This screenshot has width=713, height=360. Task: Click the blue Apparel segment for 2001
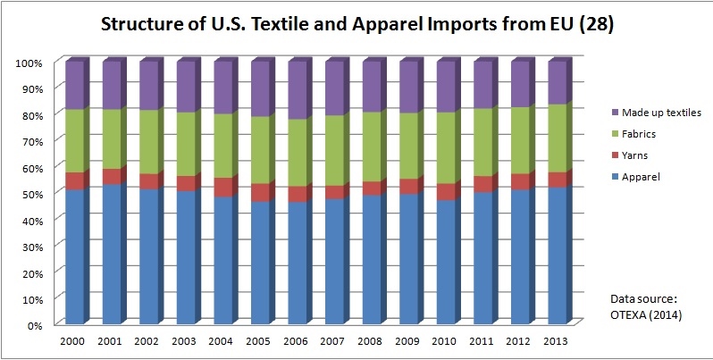113,255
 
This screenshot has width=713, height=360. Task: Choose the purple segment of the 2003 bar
187,87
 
